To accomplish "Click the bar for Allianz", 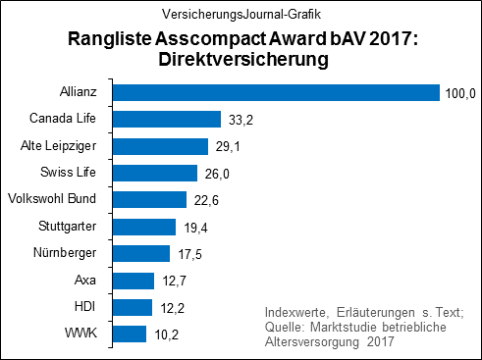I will [x=275, y=93].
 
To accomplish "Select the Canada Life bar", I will [x=166, y=120].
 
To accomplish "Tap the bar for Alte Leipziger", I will [x=160, y=146].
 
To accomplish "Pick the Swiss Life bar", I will [x=154, y=173].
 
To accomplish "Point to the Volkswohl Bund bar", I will [x=149, y=200].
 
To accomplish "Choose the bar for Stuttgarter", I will [x=143, y=227].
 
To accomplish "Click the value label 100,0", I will [x=459, y=93].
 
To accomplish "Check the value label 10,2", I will [x=165, y=334].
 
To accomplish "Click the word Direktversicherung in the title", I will [x=241, y=59].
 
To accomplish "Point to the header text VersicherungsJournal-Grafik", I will [x=241, y=15].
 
